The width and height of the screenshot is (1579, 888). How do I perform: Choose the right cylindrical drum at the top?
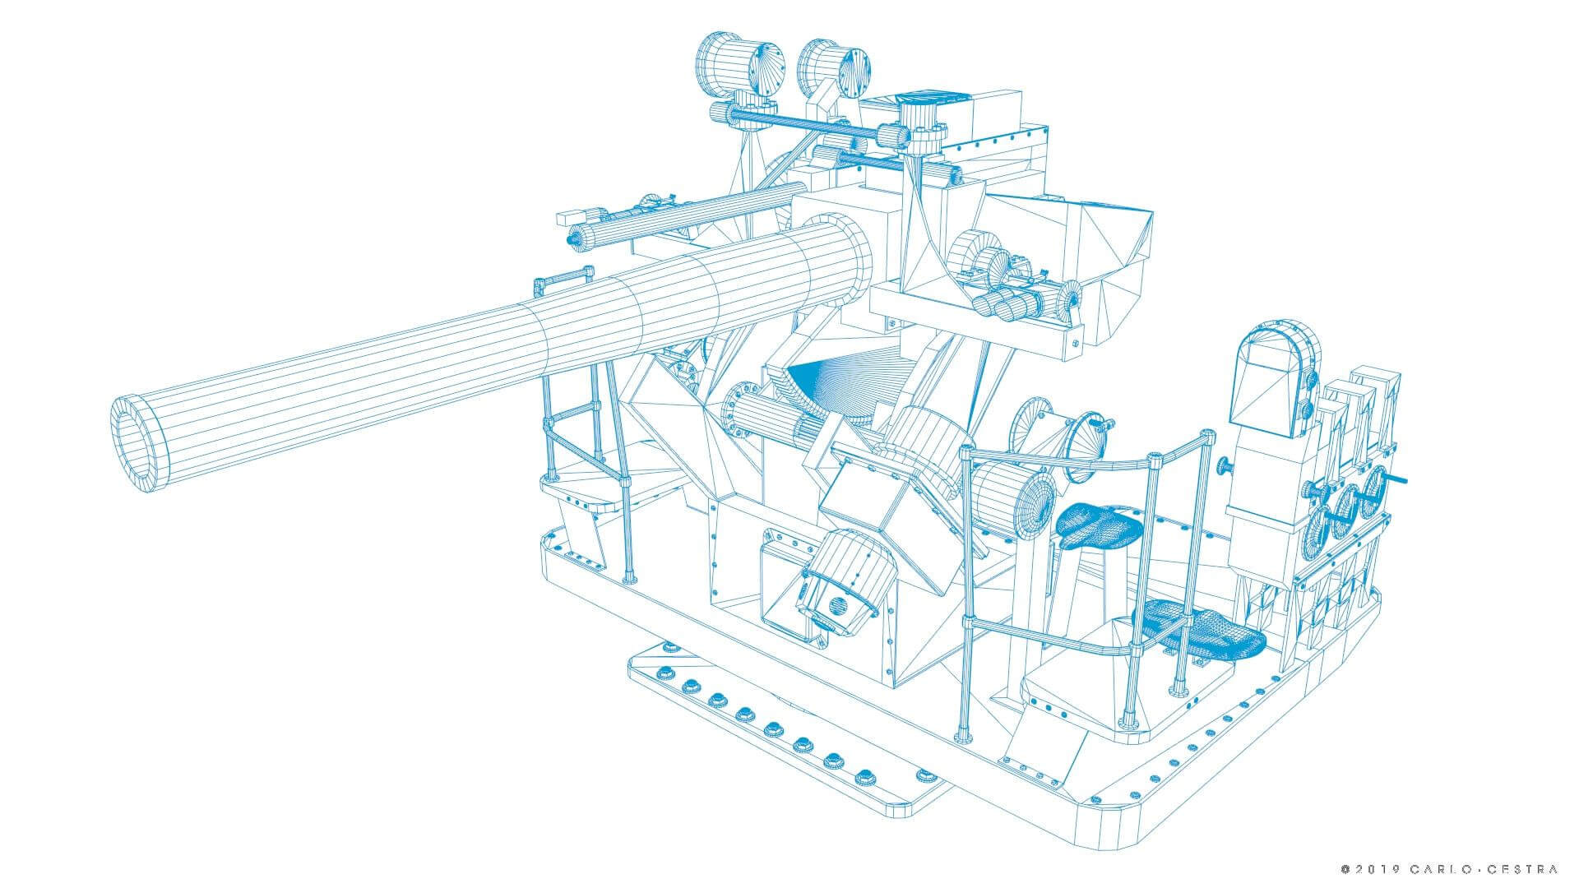(831, 71)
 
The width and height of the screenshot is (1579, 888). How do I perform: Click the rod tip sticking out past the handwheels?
(1405, 479)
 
